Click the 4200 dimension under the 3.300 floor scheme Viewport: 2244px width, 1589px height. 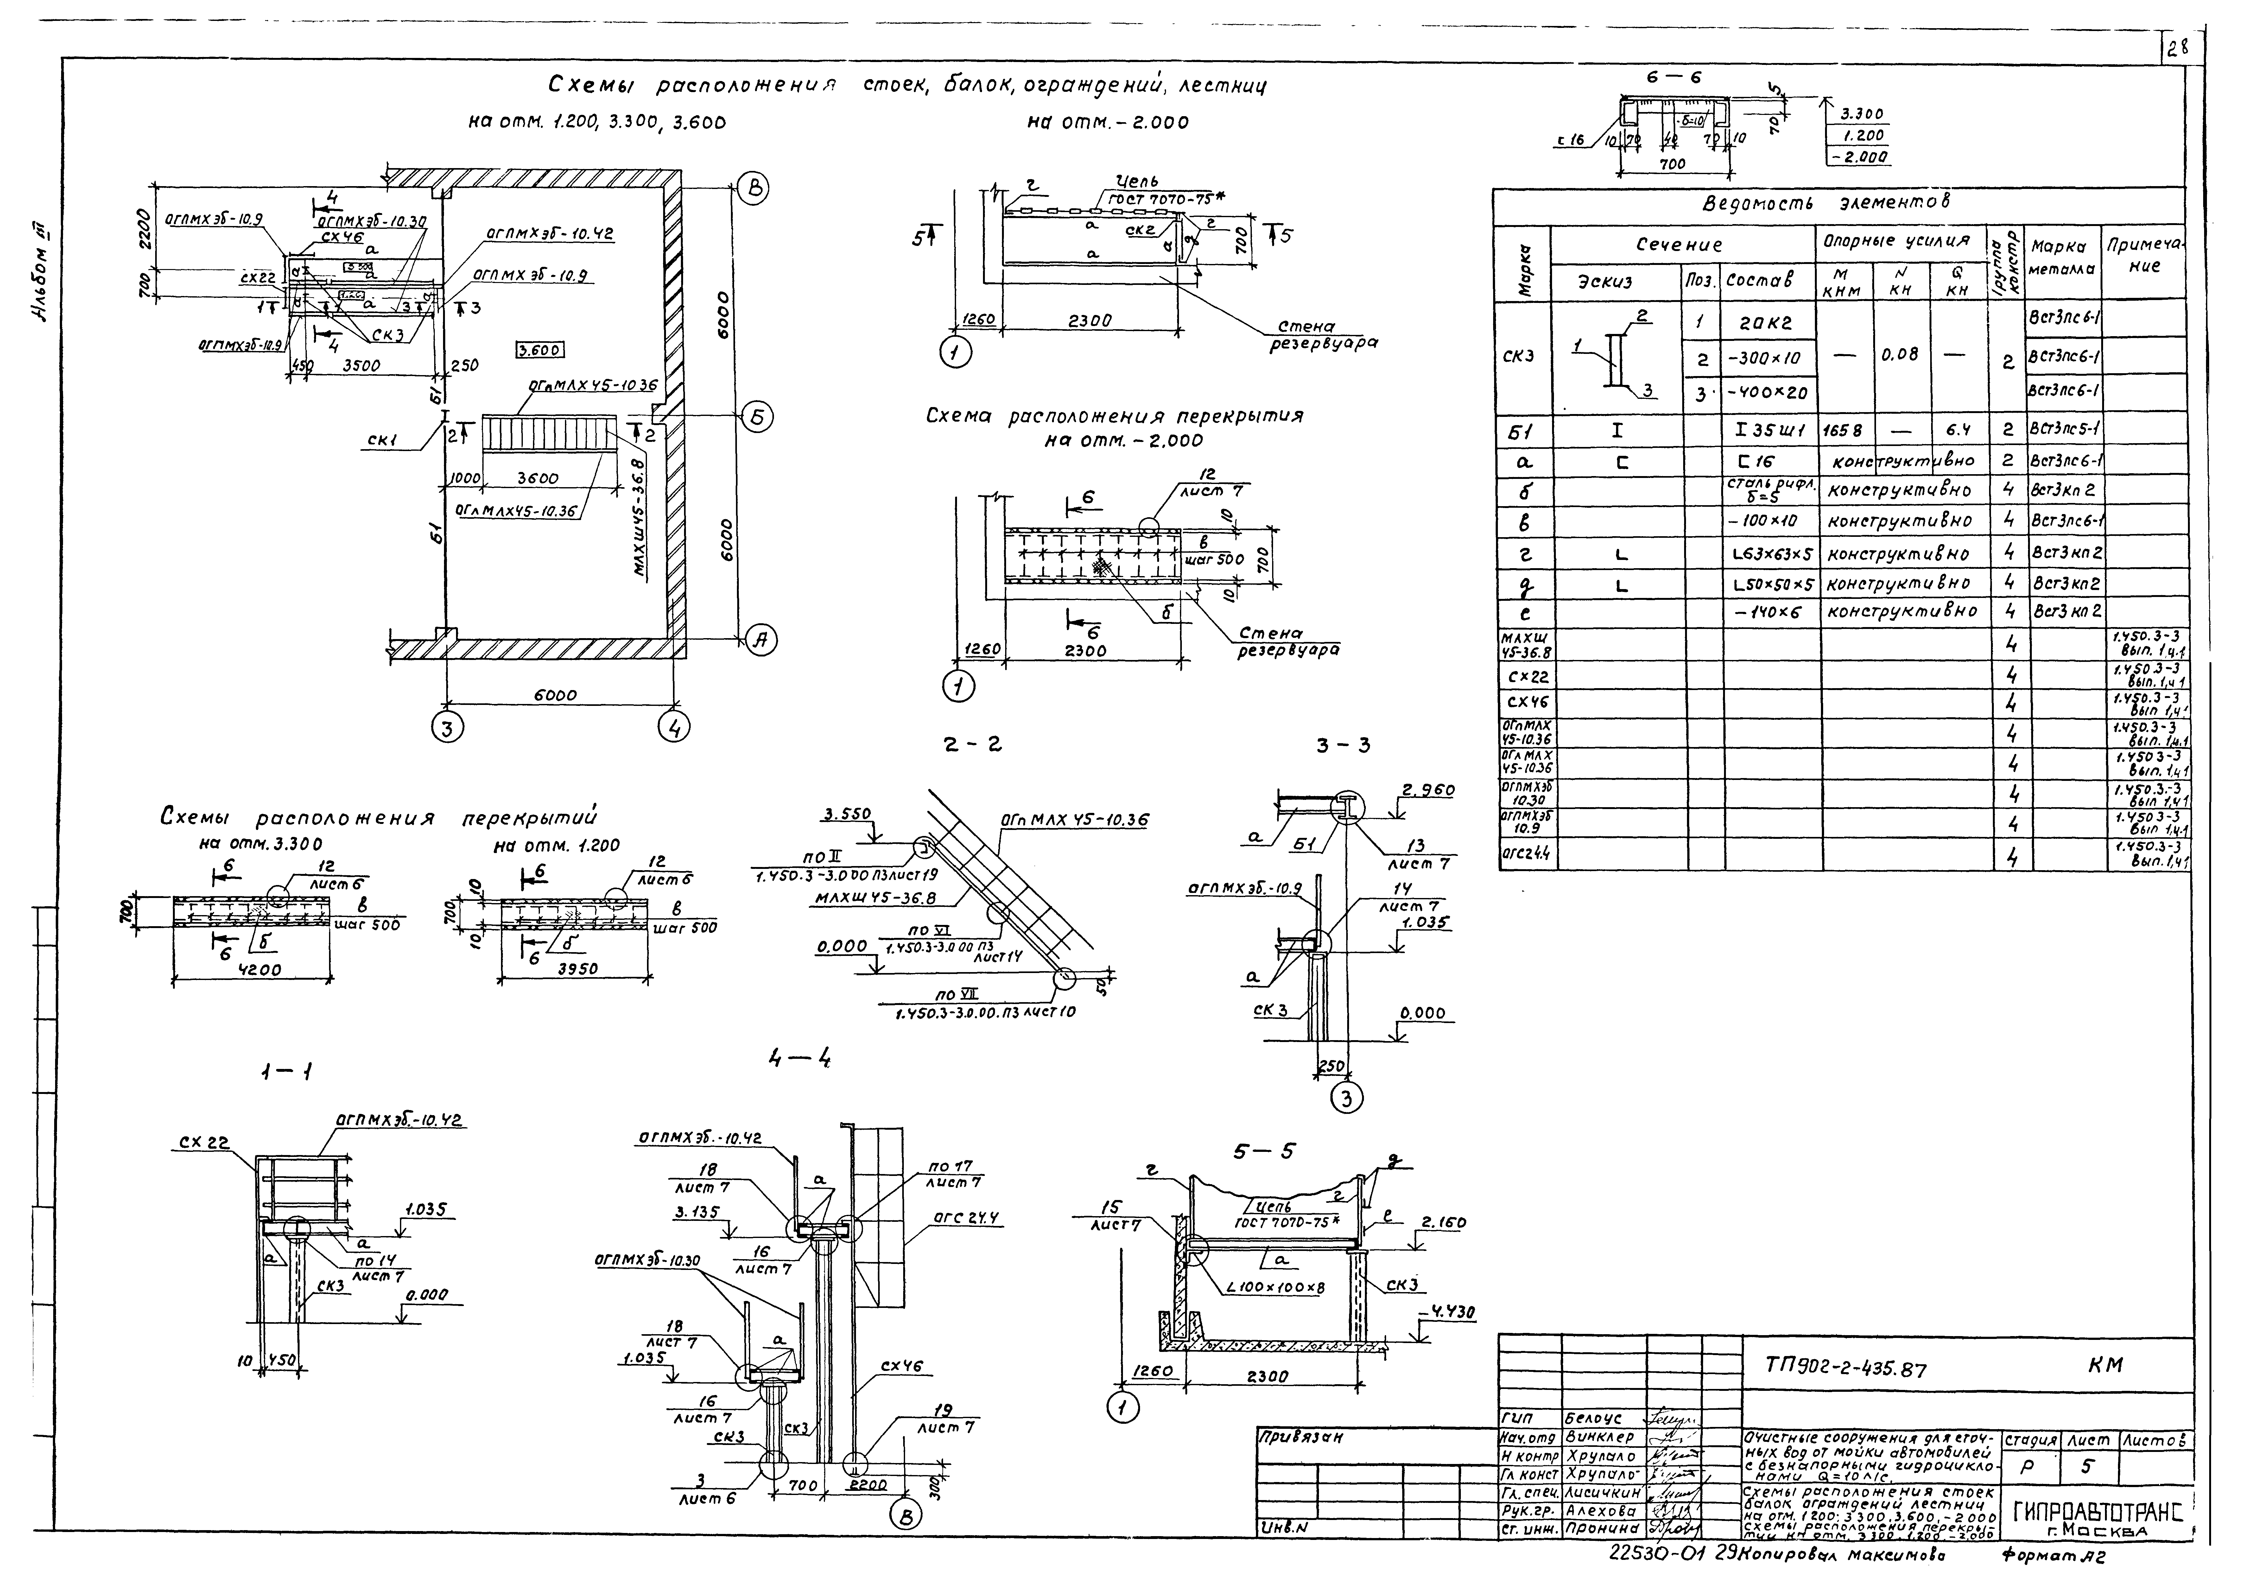(258, 970)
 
